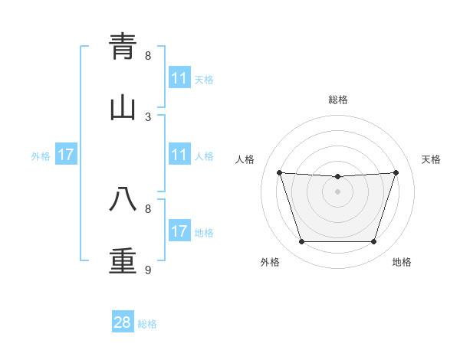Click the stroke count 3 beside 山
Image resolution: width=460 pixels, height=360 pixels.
(148, 116)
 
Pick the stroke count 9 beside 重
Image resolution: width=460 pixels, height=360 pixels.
(148, 270)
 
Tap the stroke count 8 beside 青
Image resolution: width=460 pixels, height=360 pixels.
(148, 55)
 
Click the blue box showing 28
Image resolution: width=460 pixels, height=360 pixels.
(123, 322)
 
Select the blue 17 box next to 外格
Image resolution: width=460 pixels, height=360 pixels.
(66, 155)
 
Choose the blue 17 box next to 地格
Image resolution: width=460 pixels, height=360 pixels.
(179, 231)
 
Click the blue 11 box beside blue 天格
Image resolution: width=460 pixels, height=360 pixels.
(179, 78)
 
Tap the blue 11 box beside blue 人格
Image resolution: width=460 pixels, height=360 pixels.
(179, 155)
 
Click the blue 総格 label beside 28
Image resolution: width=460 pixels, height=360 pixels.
(147, 324)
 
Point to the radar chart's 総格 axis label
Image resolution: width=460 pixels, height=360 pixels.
(338, 100)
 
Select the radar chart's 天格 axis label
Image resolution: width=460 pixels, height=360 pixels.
(431, 159)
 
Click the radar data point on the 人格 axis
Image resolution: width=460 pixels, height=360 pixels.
(279, 172)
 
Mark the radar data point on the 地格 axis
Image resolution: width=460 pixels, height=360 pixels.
(373, 242)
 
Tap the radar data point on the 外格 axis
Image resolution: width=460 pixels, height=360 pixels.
(301, 242)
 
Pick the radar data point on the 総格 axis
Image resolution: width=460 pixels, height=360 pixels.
(338, 177)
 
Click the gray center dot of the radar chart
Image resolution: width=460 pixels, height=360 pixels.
(338, 191)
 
